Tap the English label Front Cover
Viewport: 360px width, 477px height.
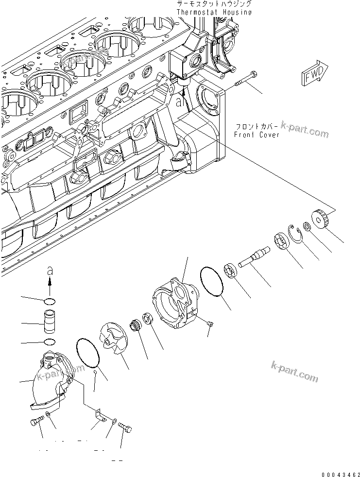[256, 135]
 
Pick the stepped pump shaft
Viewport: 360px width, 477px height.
[256, 255]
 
